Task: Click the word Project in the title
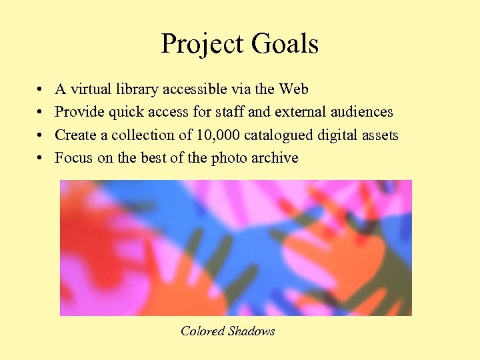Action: pos(201,45)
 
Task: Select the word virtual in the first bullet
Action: pos(89,89)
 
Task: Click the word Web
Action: pos(293,89)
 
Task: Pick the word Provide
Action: pos(78,112)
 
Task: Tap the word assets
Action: pos(381,135)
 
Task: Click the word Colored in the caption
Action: pos(202,331)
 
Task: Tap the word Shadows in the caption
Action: pos(251,331)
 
